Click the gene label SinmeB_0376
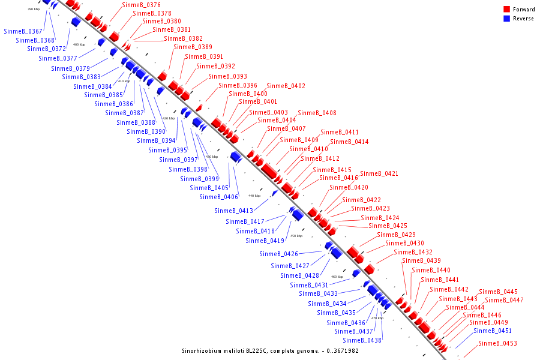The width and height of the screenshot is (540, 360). point(141,5)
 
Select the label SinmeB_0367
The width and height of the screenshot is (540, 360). point(23,31)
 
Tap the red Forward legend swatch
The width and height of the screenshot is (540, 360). point(506,10)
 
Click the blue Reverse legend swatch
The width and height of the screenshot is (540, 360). point(506,19)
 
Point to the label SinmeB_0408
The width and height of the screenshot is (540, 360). point(317,113)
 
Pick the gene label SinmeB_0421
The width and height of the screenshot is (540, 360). point(379,173)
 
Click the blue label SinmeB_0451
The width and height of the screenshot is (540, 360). point(493,331)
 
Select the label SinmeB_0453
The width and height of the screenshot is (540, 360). point(497,343)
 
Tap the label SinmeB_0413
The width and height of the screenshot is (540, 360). point(233,211)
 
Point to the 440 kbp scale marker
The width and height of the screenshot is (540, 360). point(254,196)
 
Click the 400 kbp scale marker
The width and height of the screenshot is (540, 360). point(79,44)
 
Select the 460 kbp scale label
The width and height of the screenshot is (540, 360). point(337,277)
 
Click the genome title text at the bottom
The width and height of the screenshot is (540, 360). point(270,350)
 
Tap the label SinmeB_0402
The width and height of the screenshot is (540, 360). point(286,86)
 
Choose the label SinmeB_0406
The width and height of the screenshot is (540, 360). point(218,197)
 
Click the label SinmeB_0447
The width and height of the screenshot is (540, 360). point(504,300)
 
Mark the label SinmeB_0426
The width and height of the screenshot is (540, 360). point(278,254)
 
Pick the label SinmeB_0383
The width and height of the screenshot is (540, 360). point(81,77)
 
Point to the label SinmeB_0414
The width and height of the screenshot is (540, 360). point(349,142)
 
